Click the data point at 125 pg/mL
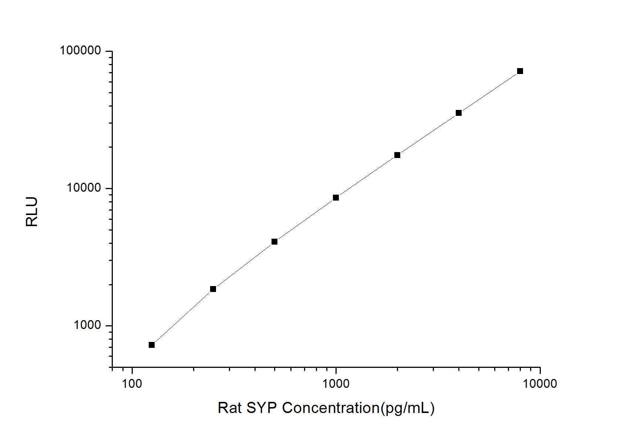tap(152, 345)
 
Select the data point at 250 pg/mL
tap(213, 289)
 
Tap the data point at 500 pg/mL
tap(274, 242)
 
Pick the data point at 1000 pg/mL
tap(336, 198)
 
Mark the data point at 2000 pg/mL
tap(397, 155)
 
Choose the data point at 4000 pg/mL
tap(459, 113)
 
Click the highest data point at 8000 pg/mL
tap(520, 71)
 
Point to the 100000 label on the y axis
tap(80, 50)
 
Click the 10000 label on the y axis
tap(84, 188)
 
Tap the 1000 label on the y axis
tap(87, 325)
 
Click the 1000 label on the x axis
tap(336, 384)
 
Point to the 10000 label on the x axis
tap(540, 384)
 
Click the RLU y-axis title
tap(32, 212)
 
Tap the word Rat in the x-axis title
tap(229, 408)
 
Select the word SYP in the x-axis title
tap(262, 408)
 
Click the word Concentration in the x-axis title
tap(331, 408)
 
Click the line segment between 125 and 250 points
tap(182, 317)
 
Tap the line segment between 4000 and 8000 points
tap(489, 92)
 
